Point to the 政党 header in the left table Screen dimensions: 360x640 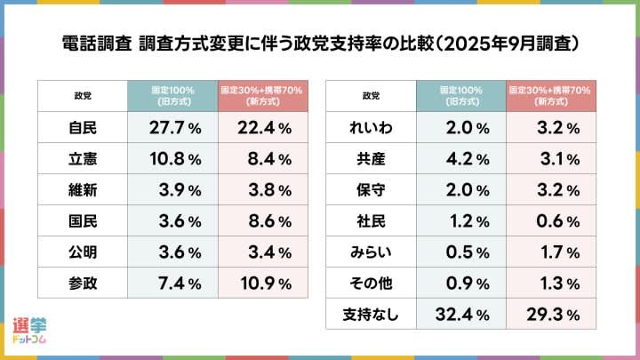83,96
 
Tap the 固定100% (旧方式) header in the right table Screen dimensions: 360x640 461,96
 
